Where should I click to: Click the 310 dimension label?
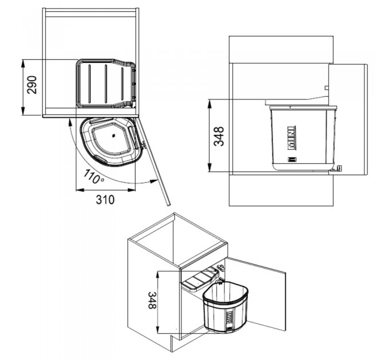(x=105, y=199)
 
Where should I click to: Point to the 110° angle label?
(x=93, y=177)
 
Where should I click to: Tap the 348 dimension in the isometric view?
(x=152, y=301)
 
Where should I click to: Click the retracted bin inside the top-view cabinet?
(x=106, y=83)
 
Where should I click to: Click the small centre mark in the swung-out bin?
(x=113, y=136)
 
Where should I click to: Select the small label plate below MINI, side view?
(x=291, y=160)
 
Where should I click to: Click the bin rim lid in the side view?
(x=301, y=106)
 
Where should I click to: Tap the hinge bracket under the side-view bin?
(x=339, y=168)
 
